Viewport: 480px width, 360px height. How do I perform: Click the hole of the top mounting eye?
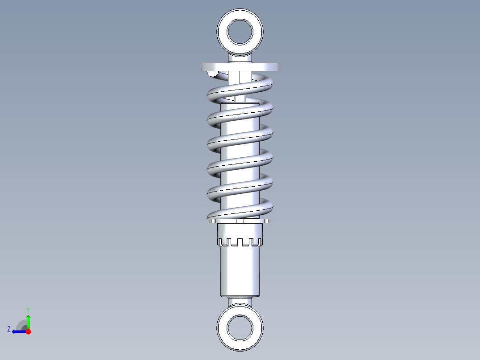click(x=240, y=31)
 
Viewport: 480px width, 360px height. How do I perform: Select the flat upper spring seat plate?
click(x=240, y=67)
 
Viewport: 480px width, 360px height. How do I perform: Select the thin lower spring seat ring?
click(x=240, y=221)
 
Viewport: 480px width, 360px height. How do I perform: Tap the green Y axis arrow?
click(x=28, y=320)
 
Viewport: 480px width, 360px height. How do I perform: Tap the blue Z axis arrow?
click(x=18, y=331)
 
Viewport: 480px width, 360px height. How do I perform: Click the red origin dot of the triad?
click(x=28, y=331)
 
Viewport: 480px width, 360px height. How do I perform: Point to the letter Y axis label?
click(x=28, y=309)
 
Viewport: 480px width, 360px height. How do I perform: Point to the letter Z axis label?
click(x=9, y=329)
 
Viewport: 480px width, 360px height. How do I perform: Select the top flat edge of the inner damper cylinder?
click(x=240, y=102)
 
